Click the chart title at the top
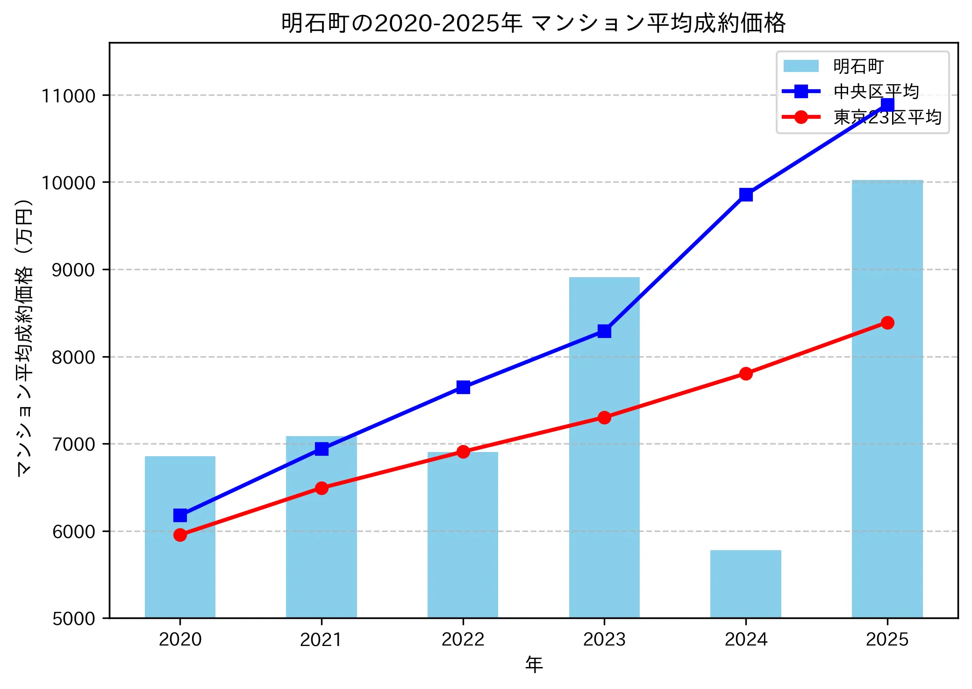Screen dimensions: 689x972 coord(533,23)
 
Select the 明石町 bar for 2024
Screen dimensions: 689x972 coord(745,584)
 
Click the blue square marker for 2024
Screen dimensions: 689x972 coord(746,194)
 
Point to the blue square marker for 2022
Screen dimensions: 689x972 coord(463,387)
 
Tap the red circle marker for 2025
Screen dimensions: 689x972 coord(887,323)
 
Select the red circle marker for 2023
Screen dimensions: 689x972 coord(604,417)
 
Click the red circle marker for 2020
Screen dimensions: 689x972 coord(180,535)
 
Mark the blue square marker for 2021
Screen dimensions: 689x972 coord(322,449)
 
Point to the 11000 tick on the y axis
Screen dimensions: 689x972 coord(68,96)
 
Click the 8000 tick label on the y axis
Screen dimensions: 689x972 coord(73,357)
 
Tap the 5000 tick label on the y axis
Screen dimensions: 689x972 coord(73,618)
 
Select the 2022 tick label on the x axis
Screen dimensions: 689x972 coord(463,639)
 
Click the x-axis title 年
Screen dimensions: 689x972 coord(534,664)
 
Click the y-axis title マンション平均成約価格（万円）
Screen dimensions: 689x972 coord(24,337)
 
